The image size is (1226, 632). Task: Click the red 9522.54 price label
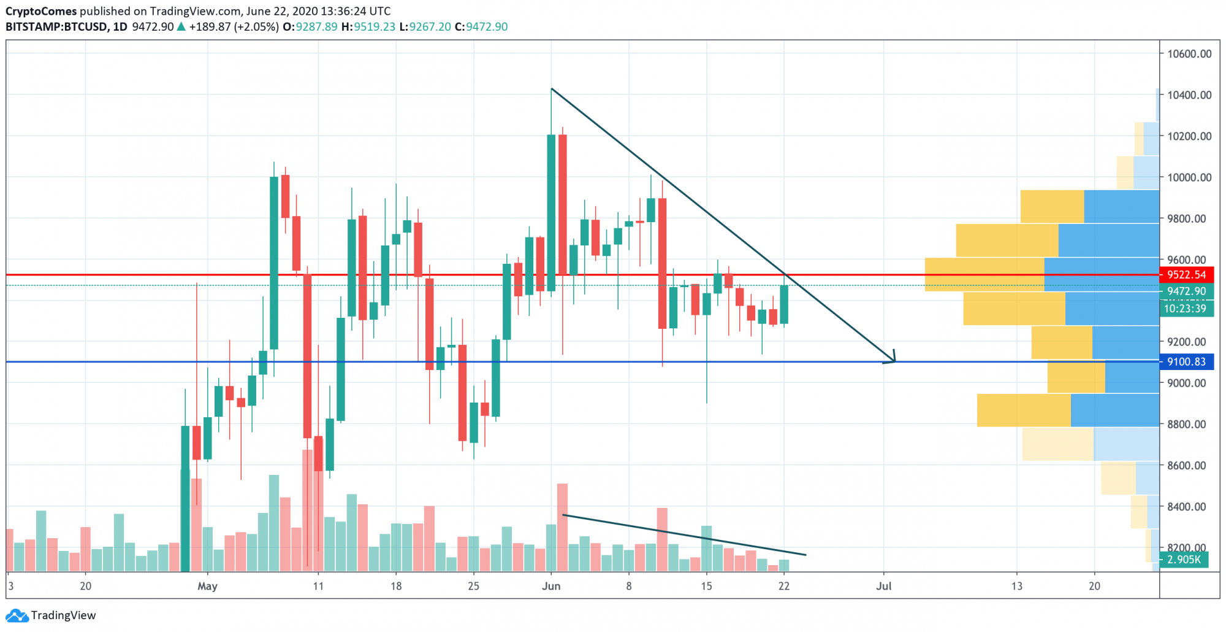click(1186, 275)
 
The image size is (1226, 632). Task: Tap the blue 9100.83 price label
click(1186, 362)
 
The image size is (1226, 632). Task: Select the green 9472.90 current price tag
click(1186, 291)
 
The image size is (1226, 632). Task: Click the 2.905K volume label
click(1184, 560)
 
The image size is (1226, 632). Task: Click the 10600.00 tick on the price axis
click(1189, 54)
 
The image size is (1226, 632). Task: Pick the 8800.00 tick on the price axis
click(1186, 424)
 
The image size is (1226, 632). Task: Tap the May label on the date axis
click(207, 586)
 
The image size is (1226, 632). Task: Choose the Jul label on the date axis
click(883, 586)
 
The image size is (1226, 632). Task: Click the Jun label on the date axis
click(551, 586)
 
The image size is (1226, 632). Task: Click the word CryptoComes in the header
click(41, 11)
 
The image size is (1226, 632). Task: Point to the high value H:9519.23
click(368, 27)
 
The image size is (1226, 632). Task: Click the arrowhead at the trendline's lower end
click(893, 360)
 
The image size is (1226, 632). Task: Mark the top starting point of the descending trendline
click(552, 89)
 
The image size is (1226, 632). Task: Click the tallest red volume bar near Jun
click(562, 527)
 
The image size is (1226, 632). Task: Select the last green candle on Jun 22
click(784, 305)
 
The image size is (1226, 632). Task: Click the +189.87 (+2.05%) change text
click(234, 27)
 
